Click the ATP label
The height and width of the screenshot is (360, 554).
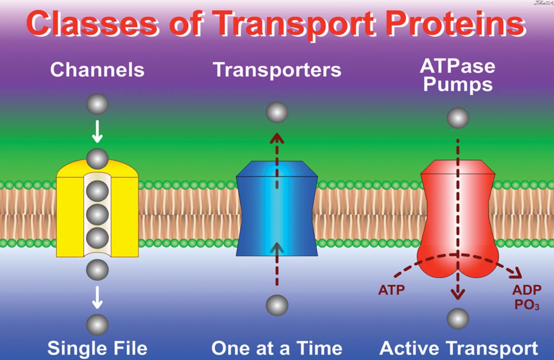(x=391, y=289)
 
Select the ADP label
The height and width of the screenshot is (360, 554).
(x=527, y=289)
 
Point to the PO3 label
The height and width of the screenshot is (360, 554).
(x=527, y=305)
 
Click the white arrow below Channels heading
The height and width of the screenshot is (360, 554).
(x=97, y=132)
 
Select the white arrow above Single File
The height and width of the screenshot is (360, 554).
(x=97, y=297)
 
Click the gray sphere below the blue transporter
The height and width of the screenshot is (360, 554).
(x=277, y=305)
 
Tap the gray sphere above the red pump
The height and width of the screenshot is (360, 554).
(x=458, y=118)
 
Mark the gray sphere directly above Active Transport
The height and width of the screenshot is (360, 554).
(x=458, y=318)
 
